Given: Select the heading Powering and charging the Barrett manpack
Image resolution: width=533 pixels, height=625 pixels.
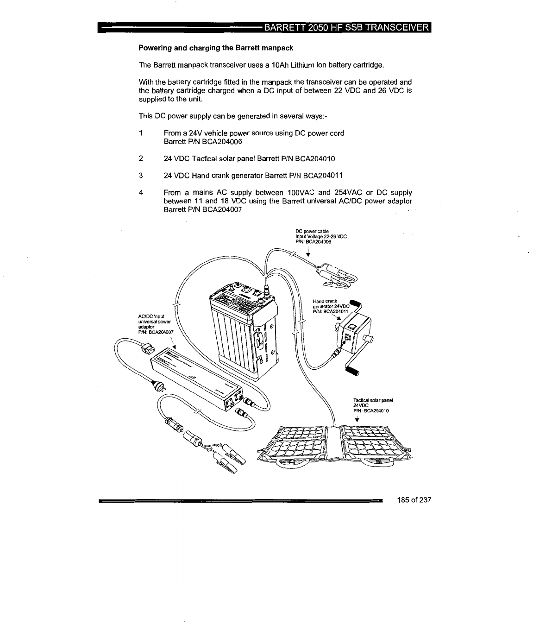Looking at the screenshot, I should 217,48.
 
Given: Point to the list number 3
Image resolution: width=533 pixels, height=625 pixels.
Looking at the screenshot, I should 140,176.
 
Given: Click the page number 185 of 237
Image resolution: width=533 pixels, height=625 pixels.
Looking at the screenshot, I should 414,500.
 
